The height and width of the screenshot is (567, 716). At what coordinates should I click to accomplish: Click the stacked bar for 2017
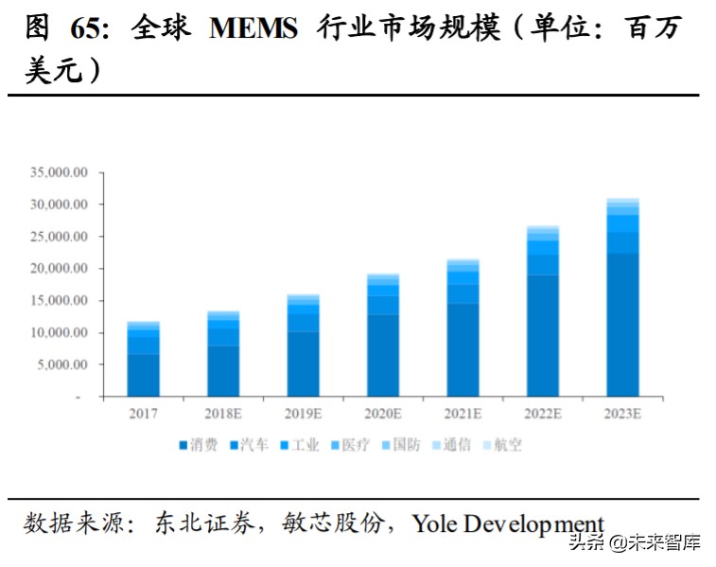tap(143, 359)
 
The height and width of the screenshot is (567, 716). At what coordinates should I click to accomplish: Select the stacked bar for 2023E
tap(623, 297)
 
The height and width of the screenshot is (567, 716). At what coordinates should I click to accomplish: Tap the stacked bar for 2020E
tap(383, 335)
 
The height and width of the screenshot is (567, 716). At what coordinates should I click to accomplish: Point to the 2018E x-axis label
tap(223, 413)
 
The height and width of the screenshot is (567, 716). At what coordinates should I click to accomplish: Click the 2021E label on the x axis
tap(463, 413)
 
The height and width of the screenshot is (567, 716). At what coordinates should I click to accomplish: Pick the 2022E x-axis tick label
tap(543, 413)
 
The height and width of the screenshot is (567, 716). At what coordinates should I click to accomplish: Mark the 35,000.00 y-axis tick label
tap(59, 172)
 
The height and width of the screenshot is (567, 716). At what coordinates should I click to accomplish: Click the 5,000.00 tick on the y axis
tap(62, 364)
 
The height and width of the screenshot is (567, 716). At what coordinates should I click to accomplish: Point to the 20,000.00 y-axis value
tap(59, 269)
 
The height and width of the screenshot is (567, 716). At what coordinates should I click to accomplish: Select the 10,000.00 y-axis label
tap(59, 332)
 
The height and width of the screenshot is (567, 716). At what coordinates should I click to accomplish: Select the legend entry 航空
tap(507, 444)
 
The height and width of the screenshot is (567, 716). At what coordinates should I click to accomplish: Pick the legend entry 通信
tap(456, 444)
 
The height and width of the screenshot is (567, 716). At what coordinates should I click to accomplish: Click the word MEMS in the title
tap(253, 28)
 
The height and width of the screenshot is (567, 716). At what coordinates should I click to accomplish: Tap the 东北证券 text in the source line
tap(204, 523)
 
